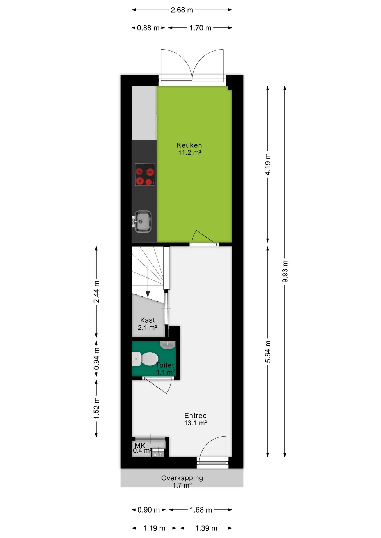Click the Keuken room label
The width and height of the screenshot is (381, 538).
189,145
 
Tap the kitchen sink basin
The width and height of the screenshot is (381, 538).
143,221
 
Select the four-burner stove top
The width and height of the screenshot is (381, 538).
145,175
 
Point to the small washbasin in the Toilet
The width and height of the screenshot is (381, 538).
168,345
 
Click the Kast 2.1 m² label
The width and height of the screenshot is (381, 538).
148,324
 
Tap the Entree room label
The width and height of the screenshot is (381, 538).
196,416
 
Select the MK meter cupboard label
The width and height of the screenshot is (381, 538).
140,446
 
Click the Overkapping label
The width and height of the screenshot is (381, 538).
182,478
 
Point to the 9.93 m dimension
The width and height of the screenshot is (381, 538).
285,272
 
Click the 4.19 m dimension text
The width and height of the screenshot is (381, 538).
268,164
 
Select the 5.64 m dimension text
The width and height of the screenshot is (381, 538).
268,352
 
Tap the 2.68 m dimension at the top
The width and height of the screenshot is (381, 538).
182,10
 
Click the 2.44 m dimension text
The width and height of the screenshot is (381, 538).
96,292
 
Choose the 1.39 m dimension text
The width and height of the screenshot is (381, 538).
206,528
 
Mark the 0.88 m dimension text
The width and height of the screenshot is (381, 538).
148,28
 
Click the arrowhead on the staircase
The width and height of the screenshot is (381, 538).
148,294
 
